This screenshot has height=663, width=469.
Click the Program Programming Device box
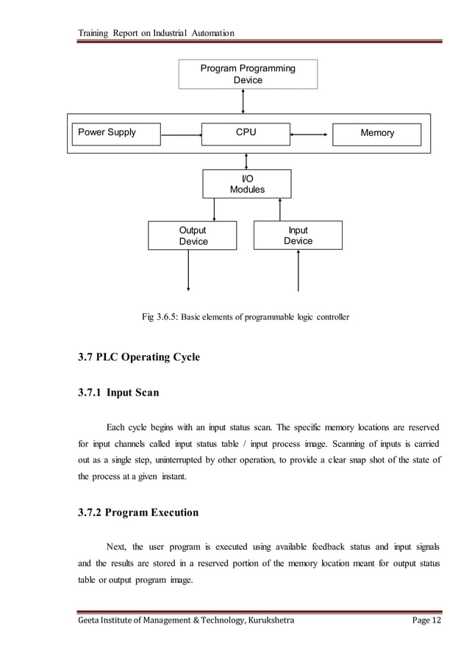click(x=248, y=74)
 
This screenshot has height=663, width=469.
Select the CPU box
click(x=246, y=133)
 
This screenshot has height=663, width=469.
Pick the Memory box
click(x=377, y=134)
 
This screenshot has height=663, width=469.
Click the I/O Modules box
click(x=247, y=184)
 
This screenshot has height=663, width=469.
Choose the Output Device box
click(x=193, y=236)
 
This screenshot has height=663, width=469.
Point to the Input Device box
click(x=298, y=235)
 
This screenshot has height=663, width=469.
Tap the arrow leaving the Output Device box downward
click(x=190, y=270)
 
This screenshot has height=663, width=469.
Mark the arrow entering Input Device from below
click(x=298, y=270)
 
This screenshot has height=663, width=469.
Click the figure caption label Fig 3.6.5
click(x=161, y=318)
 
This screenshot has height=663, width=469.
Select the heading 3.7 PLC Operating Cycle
click(x=139, y=358)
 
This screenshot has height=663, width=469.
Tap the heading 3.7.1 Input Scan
click(x=118, y=393)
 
